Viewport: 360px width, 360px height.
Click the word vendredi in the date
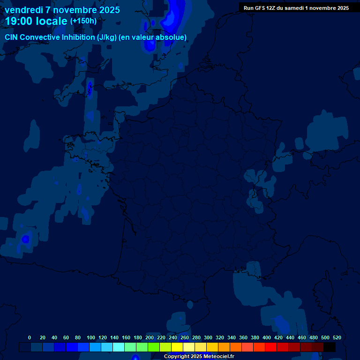click(x=24, y=10)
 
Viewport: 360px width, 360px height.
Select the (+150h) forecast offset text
click(x=83, y=21)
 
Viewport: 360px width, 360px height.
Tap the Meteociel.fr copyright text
click(x=199, y=356)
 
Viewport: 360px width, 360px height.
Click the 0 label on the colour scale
click(x=30, y=337)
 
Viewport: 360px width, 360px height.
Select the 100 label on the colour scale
click(x=91, y=337)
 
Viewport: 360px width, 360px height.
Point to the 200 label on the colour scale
click(x=150, y=337)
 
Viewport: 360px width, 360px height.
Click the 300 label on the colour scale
click(x=208, y=337)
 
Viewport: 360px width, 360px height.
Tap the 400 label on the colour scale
click(x=267, y=337)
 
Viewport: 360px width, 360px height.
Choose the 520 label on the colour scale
click(x=337, y=337)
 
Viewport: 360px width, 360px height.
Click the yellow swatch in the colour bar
click(x=177, y=347)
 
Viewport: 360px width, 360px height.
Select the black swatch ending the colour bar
click(x=330, y=347)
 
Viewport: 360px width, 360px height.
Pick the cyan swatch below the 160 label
click(x=119, y=347)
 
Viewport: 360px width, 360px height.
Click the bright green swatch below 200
click(x=154, y=347)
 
